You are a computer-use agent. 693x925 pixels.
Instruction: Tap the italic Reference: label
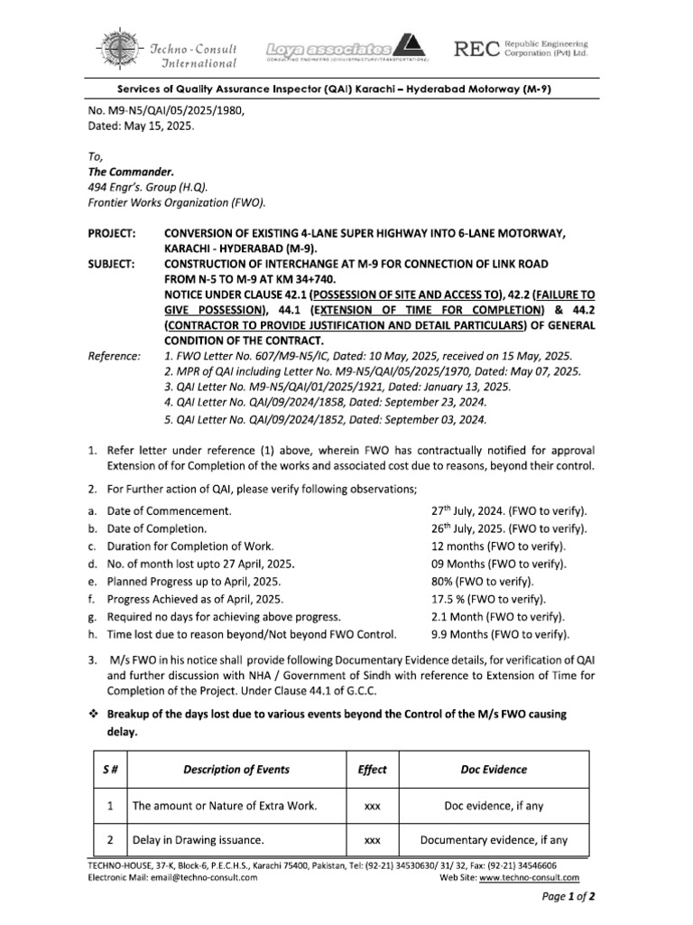(x=115, y=357)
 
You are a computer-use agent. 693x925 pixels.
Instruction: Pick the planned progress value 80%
(x=448, y=581)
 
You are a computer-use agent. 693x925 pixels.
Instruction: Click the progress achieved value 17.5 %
(x=455, y=598)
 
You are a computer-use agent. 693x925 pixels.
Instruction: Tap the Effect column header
(x=372, y=769)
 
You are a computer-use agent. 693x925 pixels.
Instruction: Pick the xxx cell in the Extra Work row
(x=372, y=806)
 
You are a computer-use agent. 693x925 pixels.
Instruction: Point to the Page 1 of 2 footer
(x=568, y=897)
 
